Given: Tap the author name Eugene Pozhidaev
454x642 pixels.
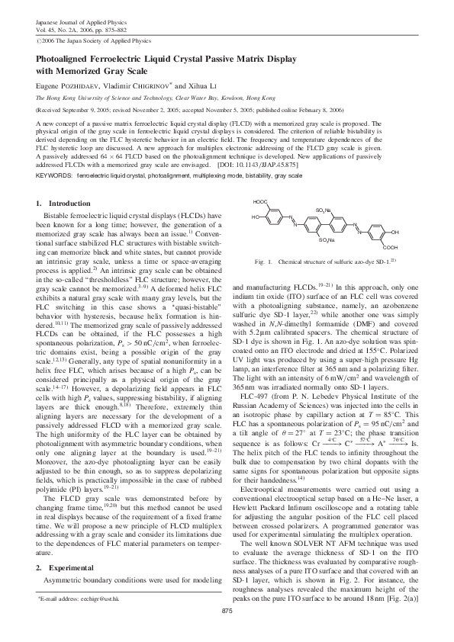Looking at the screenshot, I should (69, 86).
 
